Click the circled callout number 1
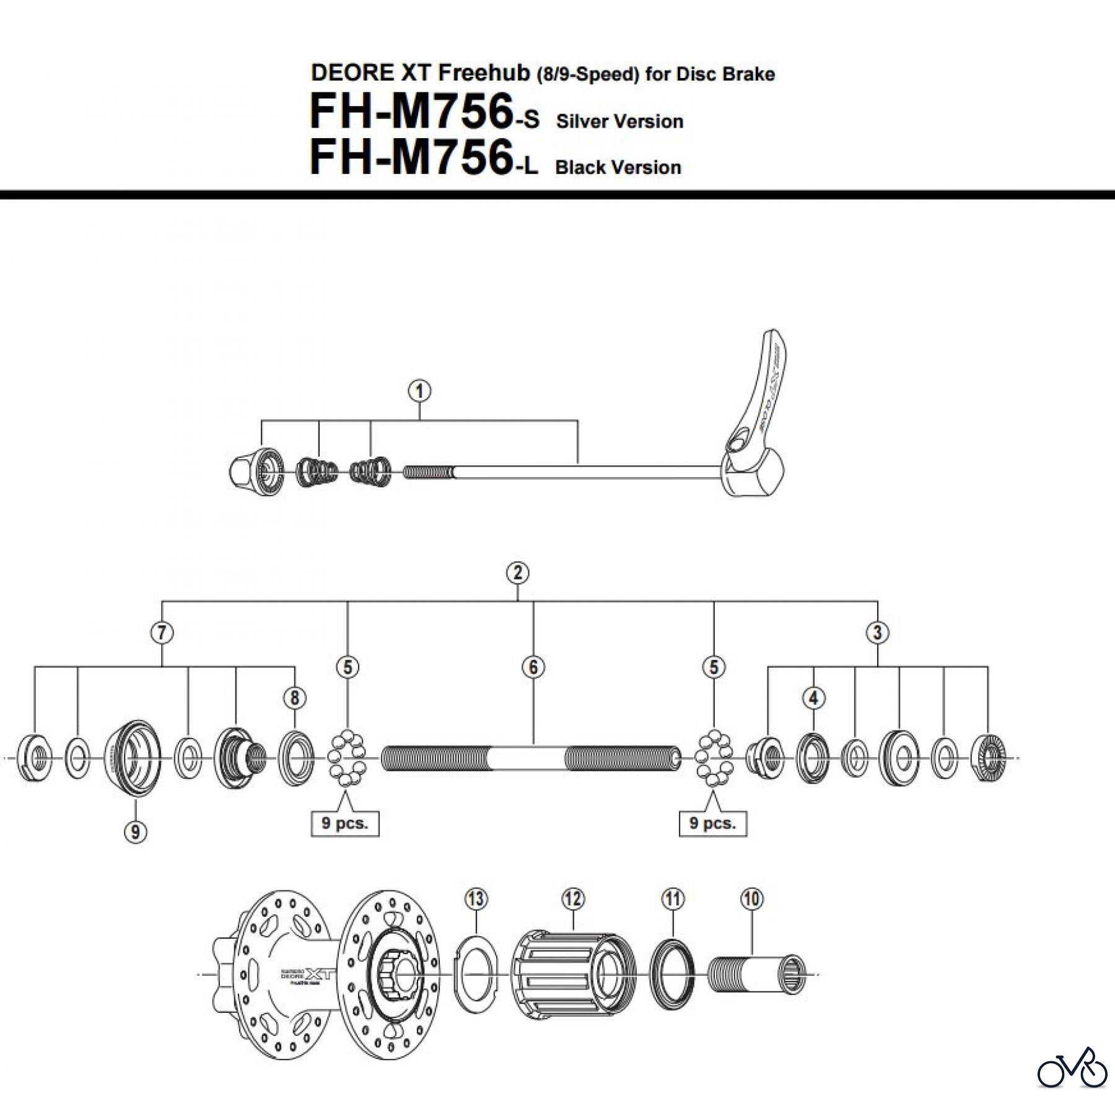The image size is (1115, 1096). (x=420, y=392)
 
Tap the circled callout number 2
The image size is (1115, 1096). (x=517, y=573)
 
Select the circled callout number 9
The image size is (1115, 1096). (x=136, y=831)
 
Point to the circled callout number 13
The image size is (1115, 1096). (x=476, y=899)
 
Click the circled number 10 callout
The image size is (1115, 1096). (x=751, y=899)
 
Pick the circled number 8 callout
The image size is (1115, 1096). (x=294, y=698)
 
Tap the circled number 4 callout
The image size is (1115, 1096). (x=813, y=698)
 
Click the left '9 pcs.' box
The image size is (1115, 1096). (x=344, y=824)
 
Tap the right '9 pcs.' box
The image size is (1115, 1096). (x=713, y=824)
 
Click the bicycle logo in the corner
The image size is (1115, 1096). (x=1072, y=1066)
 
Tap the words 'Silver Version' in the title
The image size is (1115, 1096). (x=619, y=121)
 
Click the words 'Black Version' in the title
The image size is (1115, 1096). (x=618, y=168)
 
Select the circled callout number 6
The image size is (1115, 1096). (x=533, y=667)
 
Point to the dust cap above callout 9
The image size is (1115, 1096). (x=132, y=758)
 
